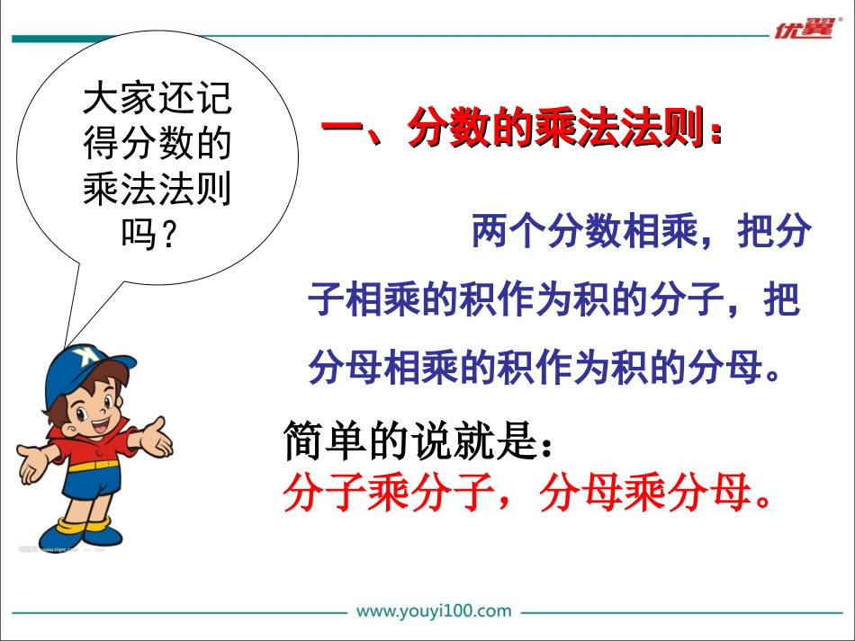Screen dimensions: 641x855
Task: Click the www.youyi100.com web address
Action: click(x=434, y=611)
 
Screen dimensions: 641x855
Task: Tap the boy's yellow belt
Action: click(x=89, y=466)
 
